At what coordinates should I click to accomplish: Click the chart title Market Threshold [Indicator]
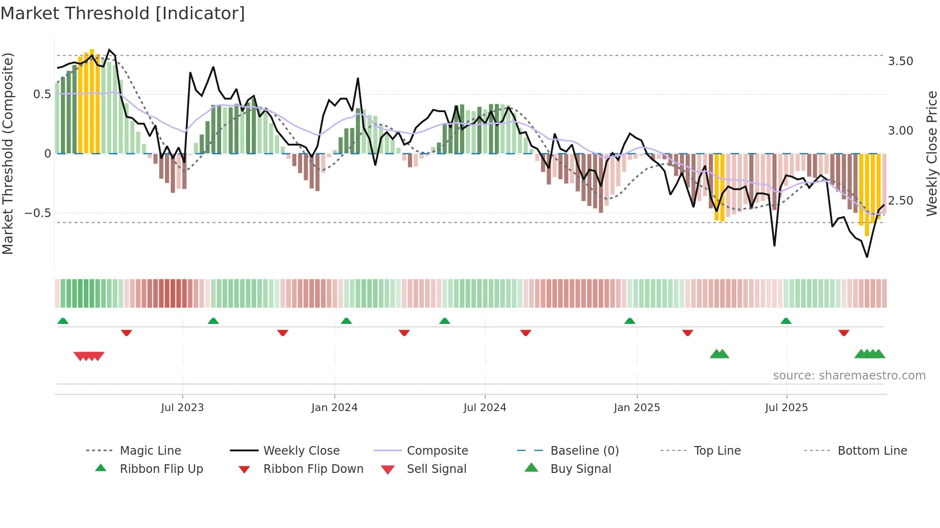pos(123,13)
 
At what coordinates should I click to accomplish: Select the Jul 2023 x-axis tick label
pos(182,408)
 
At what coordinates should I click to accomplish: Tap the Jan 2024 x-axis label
pos(334,408)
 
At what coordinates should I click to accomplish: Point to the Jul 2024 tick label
pos(485,408)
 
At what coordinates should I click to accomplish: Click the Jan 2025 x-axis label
pos(637,408)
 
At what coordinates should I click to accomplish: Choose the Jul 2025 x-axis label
pos(787,408)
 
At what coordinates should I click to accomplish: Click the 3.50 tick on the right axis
pos(900,61)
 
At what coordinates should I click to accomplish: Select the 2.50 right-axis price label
pos(900,201)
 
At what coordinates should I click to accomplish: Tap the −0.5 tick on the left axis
pos(37,213)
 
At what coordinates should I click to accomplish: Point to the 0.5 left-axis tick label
pos(42,94)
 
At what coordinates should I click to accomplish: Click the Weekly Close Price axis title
pos(931,153)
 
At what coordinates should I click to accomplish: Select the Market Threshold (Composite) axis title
pos(8,153)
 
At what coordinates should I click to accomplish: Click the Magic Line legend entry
pos(150,451)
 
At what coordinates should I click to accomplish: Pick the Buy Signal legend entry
pos(580,469)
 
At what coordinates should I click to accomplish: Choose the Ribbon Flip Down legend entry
pos(313,469)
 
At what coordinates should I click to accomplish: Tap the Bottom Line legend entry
pos(872,451)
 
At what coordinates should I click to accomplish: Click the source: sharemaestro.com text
pos(849,376)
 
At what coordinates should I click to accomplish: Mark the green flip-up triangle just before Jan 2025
pos(630,321)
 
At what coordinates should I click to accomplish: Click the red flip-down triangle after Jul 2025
pos(844,333)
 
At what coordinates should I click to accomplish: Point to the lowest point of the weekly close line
pos(867,257)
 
